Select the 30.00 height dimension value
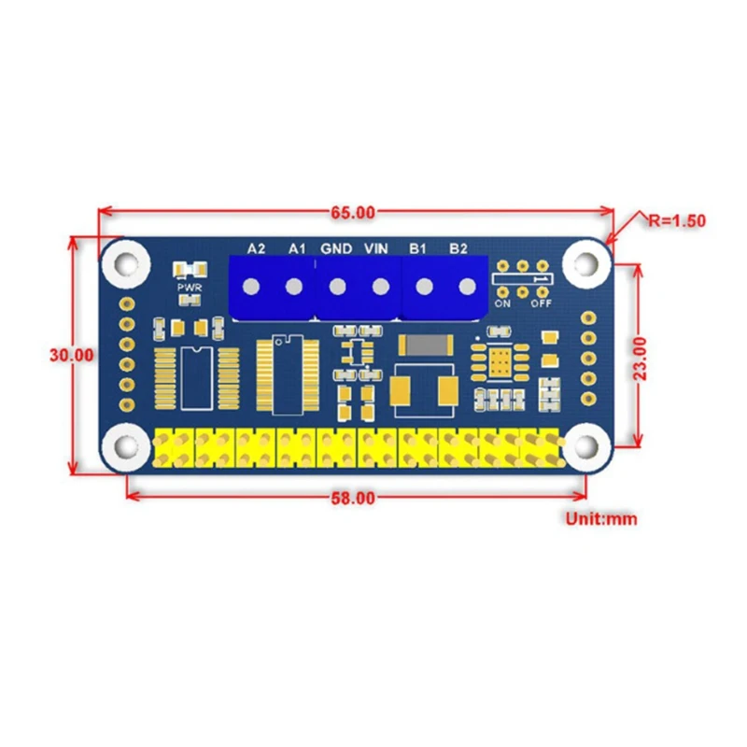pos(72,355)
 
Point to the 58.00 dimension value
pos(354,498)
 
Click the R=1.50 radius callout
pos(675,221)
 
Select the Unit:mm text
pos(599,517)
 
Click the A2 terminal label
pos(255,248)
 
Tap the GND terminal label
pos(336,248)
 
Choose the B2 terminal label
pos(458,248)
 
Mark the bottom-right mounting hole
pos(585,447)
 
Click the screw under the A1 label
pos(294,287)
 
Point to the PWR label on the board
pos(190,288)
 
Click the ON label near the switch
pos(502,303)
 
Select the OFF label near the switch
pos(541,303)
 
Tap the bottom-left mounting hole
pos(125,447)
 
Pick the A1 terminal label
pos(297,248)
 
